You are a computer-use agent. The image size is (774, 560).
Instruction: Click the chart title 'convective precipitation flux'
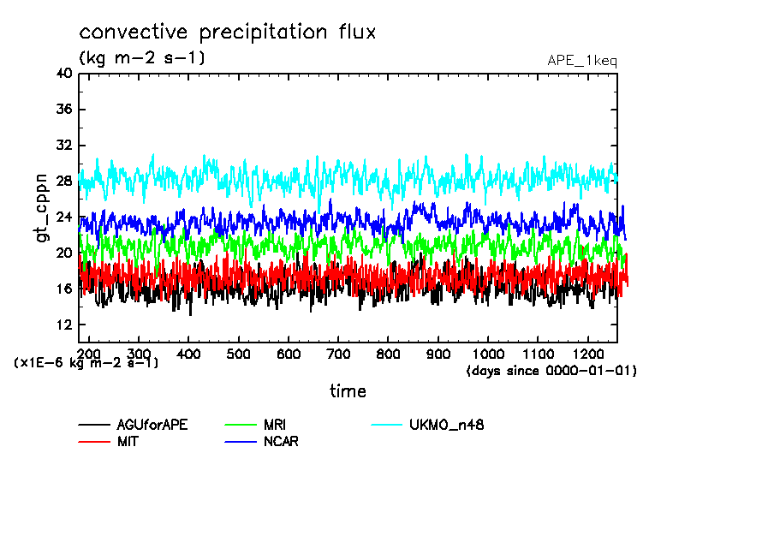[227, 33]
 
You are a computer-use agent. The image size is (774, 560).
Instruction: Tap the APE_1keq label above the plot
[581, 61]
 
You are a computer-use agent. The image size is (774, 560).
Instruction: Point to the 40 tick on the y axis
[63, 74]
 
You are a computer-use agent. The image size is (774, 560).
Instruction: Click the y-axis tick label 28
[63, 182]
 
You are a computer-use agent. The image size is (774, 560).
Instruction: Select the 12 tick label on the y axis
[63, 325]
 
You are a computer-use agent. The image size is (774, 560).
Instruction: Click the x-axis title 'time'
[348, 391]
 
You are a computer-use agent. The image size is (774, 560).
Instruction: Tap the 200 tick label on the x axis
[89, 353]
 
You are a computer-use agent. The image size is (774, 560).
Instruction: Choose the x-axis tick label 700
[338, 353]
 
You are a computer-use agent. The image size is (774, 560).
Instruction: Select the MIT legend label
[128, 442]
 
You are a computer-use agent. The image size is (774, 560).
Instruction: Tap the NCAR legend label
[281, 442]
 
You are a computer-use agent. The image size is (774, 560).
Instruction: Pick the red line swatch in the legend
[94, 442]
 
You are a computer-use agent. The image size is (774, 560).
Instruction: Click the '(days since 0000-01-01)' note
[551, 371]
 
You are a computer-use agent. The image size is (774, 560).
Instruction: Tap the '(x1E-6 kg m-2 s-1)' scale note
[86, 363]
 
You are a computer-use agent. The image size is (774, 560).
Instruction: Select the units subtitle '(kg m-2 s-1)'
[142, 58]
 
